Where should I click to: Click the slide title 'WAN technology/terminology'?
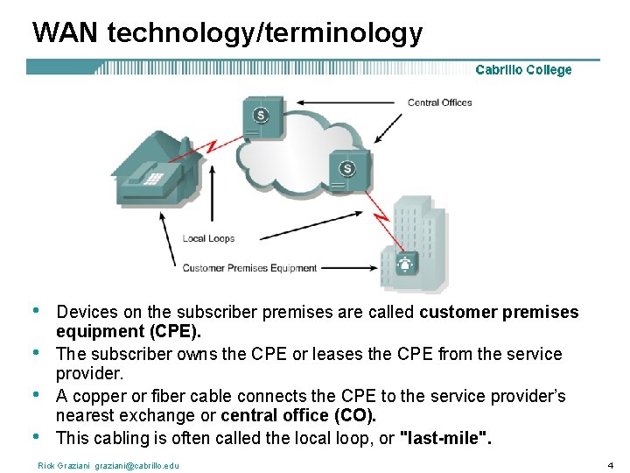click(x=227, y=33)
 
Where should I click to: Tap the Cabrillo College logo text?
click(x=523, y=70)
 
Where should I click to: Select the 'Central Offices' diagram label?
click(x=439, y=102)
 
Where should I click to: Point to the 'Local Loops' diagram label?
click(x=208, y=238)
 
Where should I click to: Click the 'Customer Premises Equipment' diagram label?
click(x=249, y=268)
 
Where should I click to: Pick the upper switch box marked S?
click(x=262, y=116)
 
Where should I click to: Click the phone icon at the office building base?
click(x=405, y=263)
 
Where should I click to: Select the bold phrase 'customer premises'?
click(x=499, y=312)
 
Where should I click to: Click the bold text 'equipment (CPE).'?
click(x=129, y=331)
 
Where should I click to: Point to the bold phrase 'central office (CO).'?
click(x=298, y=415)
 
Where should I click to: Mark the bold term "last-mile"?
click(x=445, y=438)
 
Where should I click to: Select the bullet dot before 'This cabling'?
click(x=35, y=434)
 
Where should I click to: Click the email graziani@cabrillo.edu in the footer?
click(x=136, y=465)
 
